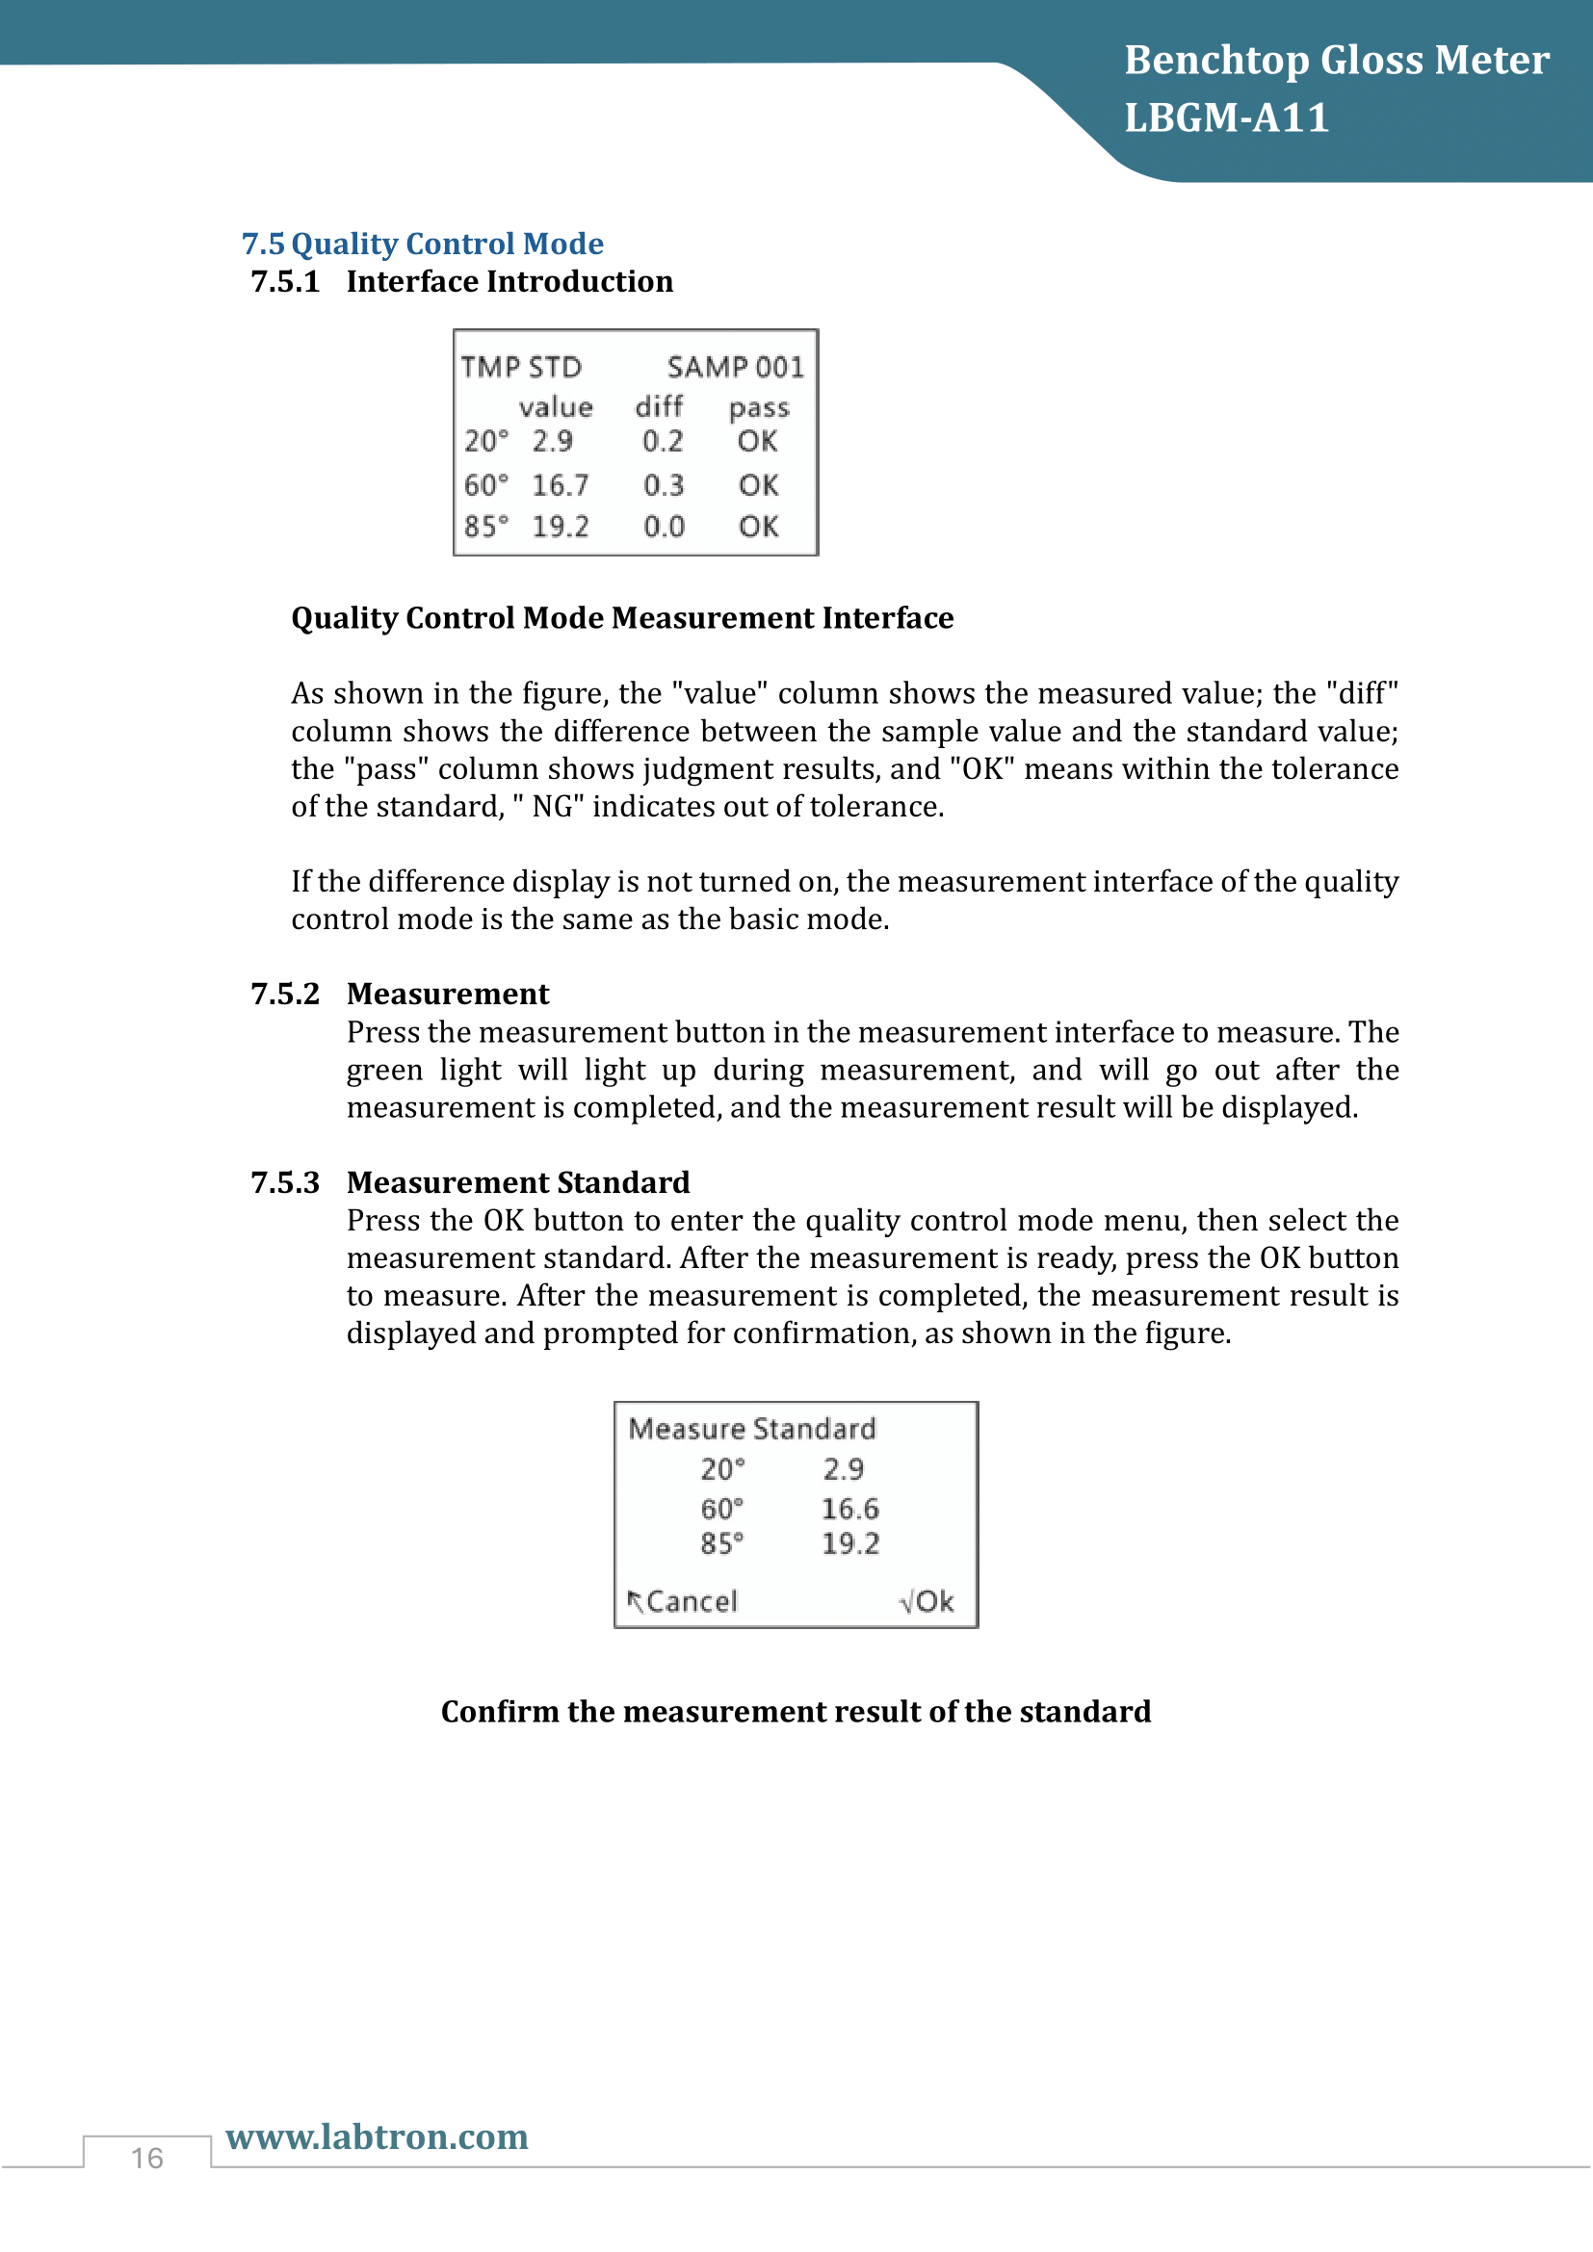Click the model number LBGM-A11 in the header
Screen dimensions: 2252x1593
pos(1226,117)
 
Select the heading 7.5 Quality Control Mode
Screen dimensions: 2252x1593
pos(423,244)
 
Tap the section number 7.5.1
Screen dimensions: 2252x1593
pos(285,281)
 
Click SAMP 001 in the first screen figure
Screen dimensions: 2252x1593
pos(735,367)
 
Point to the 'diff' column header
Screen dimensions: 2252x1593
pos(658,406)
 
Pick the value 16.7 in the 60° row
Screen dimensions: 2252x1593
pos(561,484)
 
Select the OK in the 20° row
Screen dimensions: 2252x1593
pos(757,441)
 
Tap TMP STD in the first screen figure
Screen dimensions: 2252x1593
pos(521,367)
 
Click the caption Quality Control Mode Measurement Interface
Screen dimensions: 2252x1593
pos(622,618)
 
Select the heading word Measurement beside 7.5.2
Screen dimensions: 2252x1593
pos(447,994)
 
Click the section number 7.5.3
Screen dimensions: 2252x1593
pos(285,1182)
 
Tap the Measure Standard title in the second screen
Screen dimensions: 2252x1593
pos(751,1428)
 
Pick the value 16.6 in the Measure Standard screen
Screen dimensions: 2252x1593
pos(849,1509)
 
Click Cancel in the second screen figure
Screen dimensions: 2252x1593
pos(691,1601)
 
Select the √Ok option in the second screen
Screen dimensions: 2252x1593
pos(926,1601)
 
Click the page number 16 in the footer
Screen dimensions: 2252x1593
pos(147,2158)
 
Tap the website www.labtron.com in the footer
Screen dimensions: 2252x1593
pos(377,2136)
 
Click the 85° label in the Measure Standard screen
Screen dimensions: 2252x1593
pos(721,1543)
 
